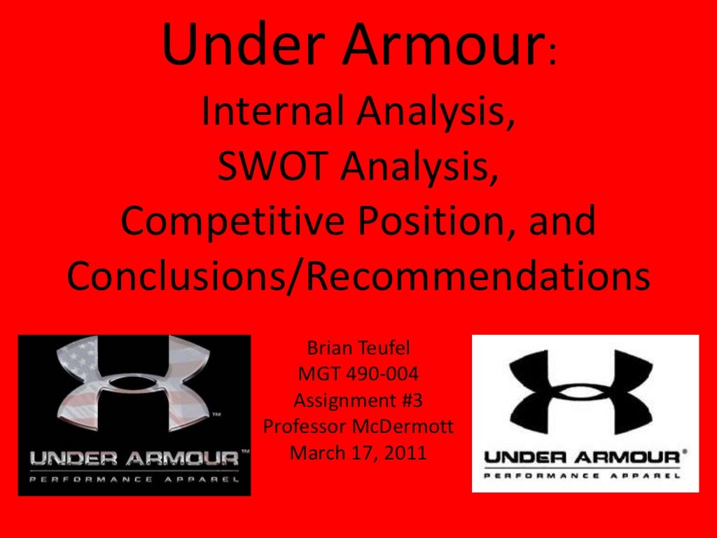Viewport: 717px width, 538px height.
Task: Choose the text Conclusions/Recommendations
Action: pos(358,277)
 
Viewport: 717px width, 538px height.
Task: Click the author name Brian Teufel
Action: pos(358,348)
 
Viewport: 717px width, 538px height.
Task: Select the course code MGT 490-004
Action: pos(358,374)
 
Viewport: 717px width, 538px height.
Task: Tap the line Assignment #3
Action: pos(358,400)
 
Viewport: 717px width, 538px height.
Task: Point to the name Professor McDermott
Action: pos(358,426)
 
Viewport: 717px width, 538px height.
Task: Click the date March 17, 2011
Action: pos(358,453)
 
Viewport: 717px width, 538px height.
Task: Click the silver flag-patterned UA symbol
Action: pos(133,389)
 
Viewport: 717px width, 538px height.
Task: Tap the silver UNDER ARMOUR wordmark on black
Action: pos(133,460)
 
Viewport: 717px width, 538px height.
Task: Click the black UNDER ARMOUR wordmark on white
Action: pos(581,458)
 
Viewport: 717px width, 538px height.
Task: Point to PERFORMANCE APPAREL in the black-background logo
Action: pos(133,481)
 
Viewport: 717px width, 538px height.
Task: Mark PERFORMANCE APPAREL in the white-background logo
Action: pos(581,475)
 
